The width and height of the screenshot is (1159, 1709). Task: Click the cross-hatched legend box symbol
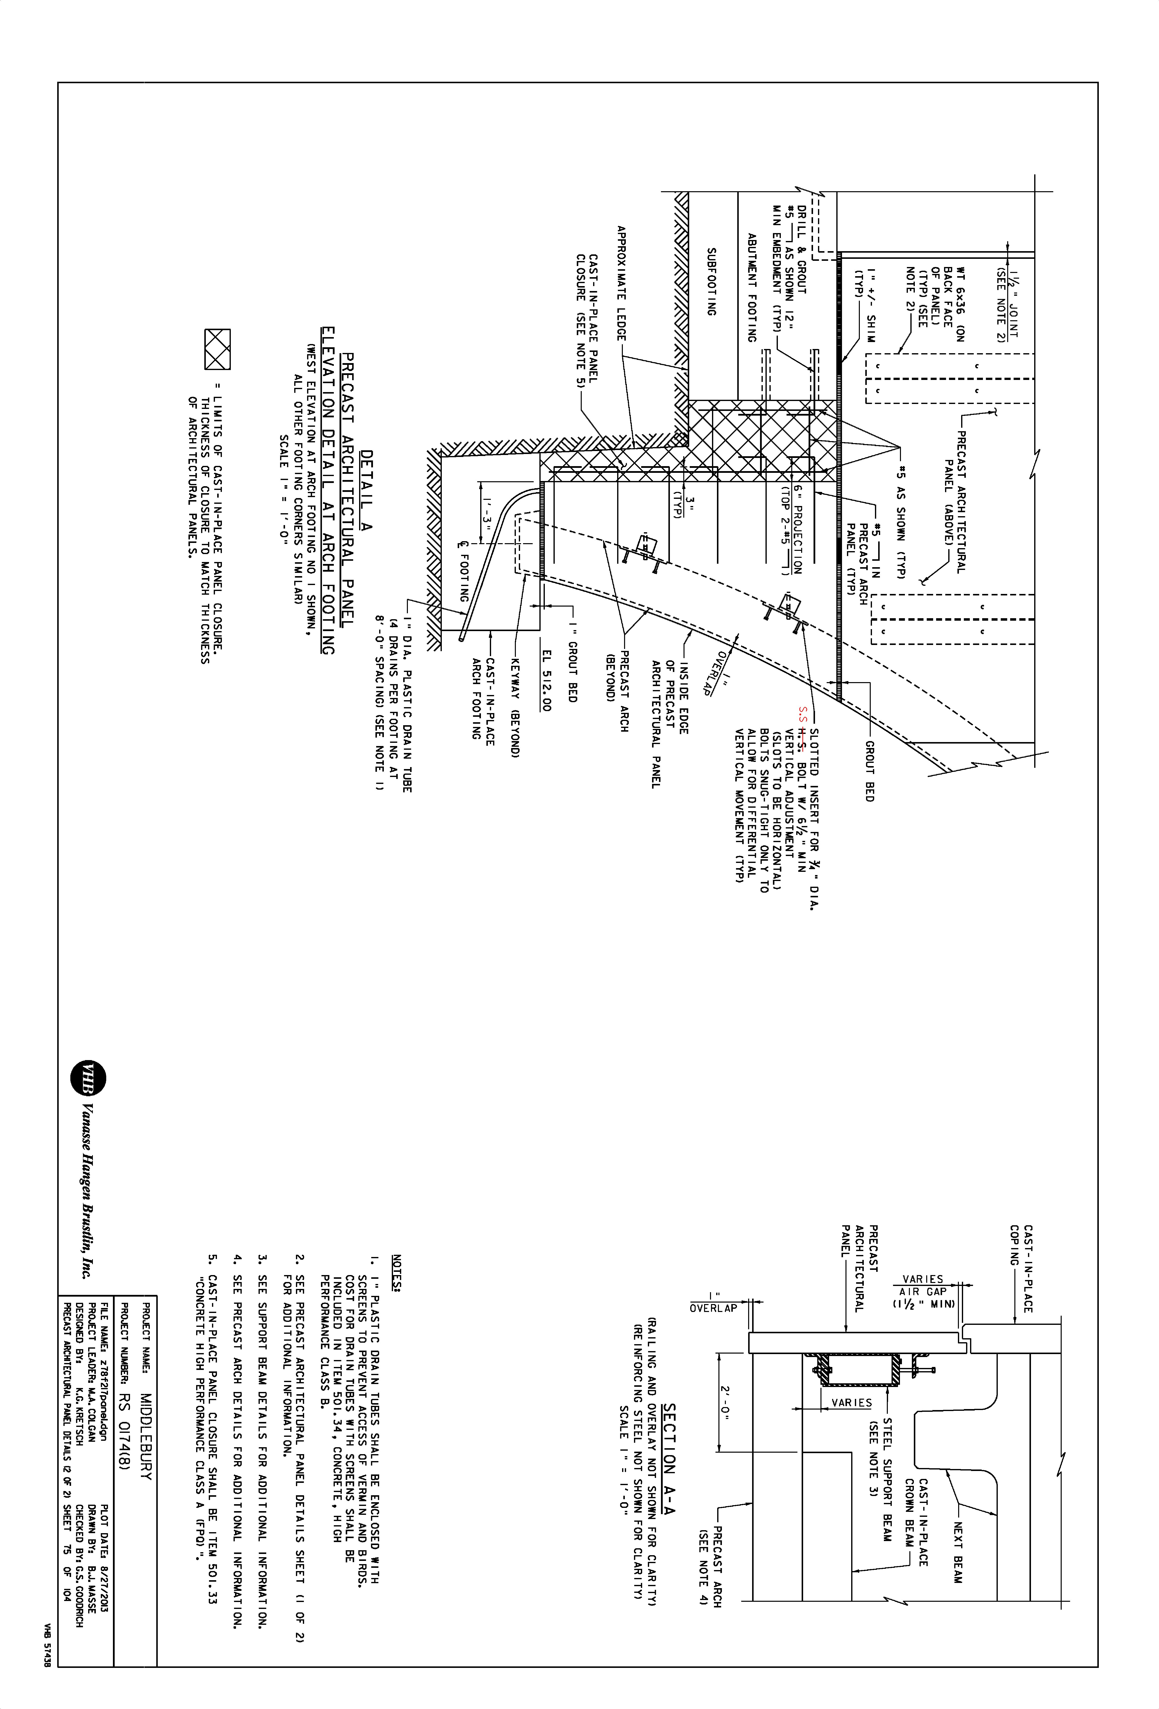tap(217, 349)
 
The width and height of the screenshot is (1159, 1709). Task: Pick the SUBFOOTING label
tap(711, 282)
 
